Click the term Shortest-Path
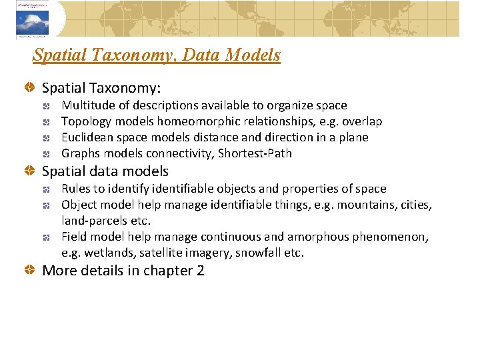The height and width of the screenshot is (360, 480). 257,153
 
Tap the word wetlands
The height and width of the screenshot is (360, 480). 102,253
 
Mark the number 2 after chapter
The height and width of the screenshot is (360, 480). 200,271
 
